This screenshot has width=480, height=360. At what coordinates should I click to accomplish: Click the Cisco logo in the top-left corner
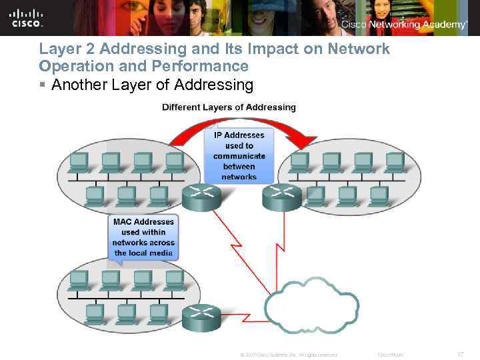click(x=27, y=18)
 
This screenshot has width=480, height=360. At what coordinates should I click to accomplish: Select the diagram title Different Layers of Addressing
click(x=229, y=107)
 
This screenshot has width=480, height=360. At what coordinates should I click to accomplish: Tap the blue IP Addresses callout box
click(x=239, y=155)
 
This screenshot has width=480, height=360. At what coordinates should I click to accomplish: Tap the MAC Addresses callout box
click(x=143, y=237)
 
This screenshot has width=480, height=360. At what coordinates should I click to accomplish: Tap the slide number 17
click(x=460, y=355)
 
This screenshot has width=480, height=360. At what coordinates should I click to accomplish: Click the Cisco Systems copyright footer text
click(x=288, y=355)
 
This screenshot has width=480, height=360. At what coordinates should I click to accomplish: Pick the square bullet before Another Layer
click(x=43, y=85)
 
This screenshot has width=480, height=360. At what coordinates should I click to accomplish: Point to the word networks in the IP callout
click(x=239, y=177)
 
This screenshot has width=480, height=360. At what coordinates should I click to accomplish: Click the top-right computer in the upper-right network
click(x=394, y=161)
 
